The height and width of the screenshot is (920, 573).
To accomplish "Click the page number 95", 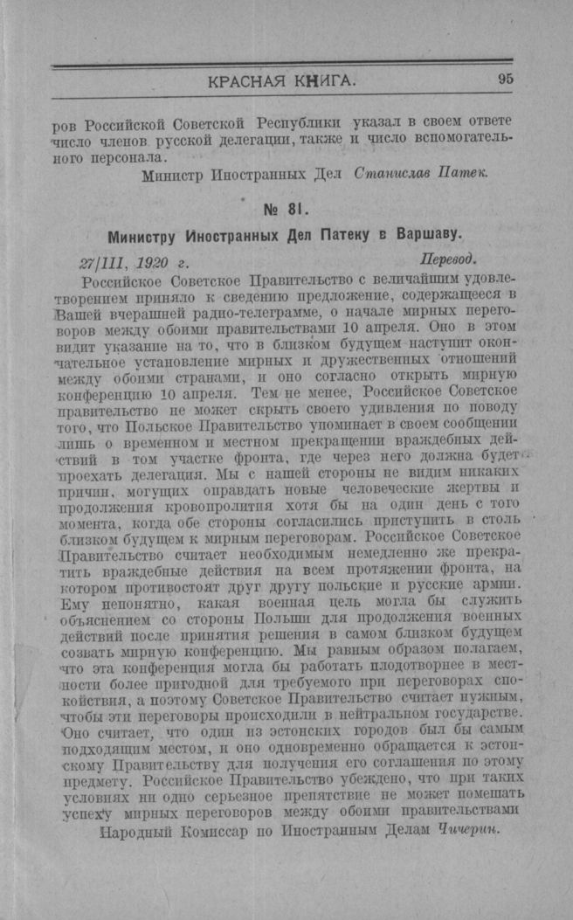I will click(506, 80).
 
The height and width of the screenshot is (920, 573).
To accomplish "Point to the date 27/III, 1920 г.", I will click(134, 261).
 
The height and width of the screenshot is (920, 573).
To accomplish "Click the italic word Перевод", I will click(448, 260).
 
